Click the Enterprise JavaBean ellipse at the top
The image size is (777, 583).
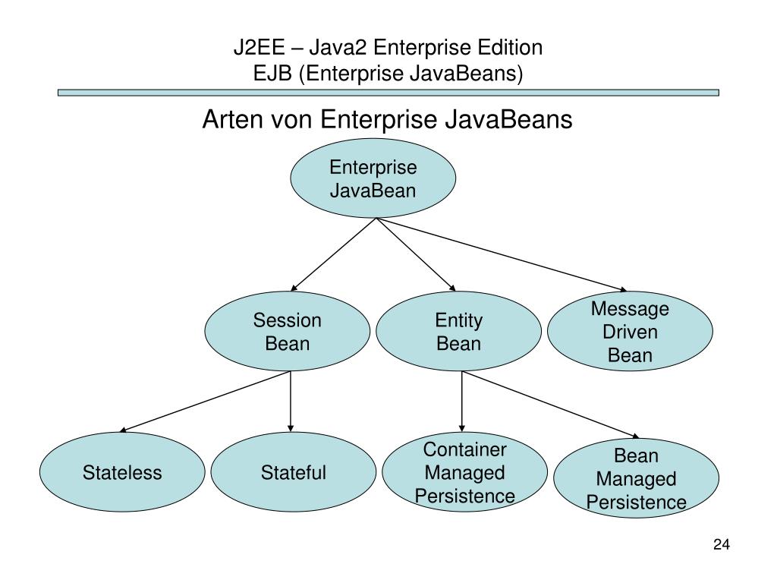(373, 180)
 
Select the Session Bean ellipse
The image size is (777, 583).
(287, 332)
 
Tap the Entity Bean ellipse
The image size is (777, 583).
(458, 332)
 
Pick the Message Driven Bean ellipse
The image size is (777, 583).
(630, 332)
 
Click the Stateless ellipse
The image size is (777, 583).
(122, 472)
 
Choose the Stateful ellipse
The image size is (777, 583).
(293, 472)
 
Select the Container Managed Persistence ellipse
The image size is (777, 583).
(464, 472)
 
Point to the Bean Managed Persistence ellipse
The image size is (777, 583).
(636, 478)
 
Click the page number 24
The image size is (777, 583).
(721, 544)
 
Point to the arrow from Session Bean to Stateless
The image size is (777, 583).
(205, 401)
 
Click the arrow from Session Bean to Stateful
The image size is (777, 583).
(291, 402)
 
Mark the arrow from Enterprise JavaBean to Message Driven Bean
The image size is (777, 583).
(501, 255)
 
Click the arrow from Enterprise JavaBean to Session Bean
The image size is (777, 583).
(334, 255)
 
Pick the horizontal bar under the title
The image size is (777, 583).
(388, 93)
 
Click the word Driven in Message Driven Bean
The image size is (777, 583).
(630, 332)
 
